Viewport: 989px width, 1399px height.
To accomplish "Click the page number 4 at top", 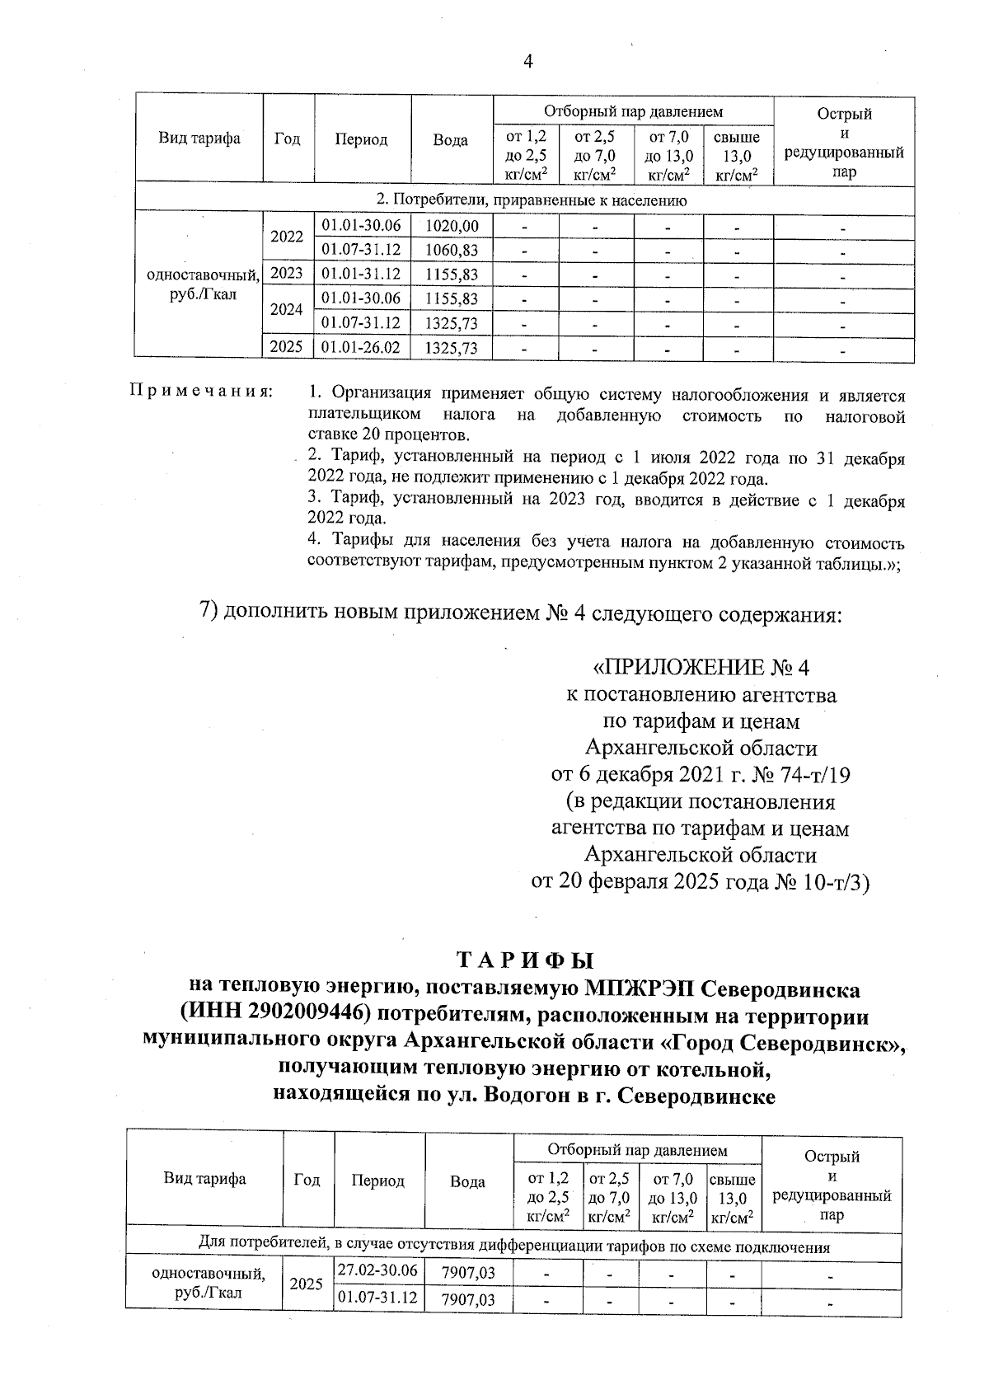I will [528, 62].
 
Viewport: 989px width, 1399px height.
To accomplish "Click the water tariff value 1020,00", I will [451, 226].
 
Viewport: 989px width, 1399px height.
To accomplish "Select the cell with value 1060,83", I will [451, 250].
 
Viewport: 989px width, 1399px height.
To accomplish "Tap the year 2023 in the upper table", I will [287, 274].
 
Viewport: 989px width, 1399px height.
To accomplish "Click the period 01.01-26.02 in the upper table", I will [361, 347].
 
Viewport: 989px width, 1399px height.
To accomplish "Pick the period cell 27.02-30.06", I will [377, 1270].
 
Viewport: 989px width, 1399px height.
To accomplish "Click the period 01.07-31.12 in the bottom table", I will [377, 1298].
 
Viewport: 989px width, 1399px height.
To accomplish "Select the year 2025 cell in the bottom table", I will [307, 1284].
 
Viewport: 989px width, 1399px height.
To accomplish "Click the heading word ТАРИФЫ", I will [525, 961].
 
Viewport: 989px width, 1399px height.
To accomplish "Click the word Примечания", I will [200, 390].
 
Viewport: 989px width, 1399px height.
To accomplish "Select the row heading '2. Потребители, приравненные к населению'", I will [532, 200].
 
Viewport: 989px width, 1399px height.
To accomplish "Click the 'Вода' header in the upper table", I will [451, 139].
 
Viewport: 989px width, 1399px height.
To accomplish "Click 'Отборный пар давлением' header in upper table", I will [633, 110].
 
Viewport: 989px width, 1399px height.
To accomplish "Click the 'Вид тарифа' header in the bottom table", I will [204, 1179].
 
